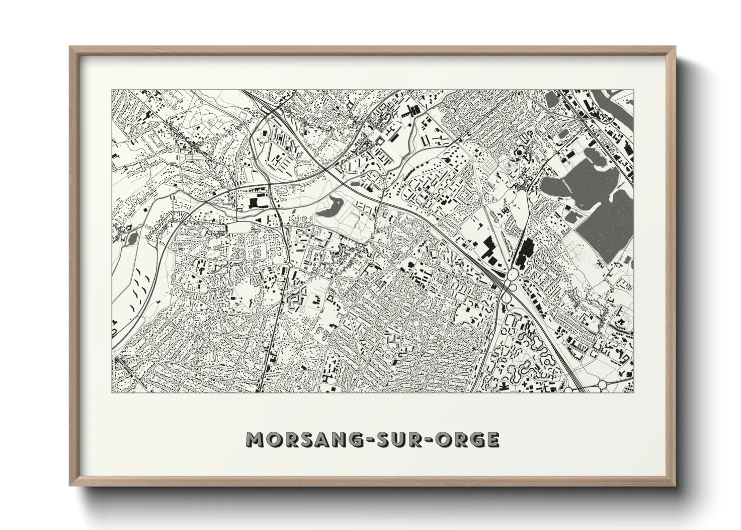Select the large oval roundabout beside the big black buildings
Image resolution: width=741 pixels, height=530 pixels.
513,276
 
